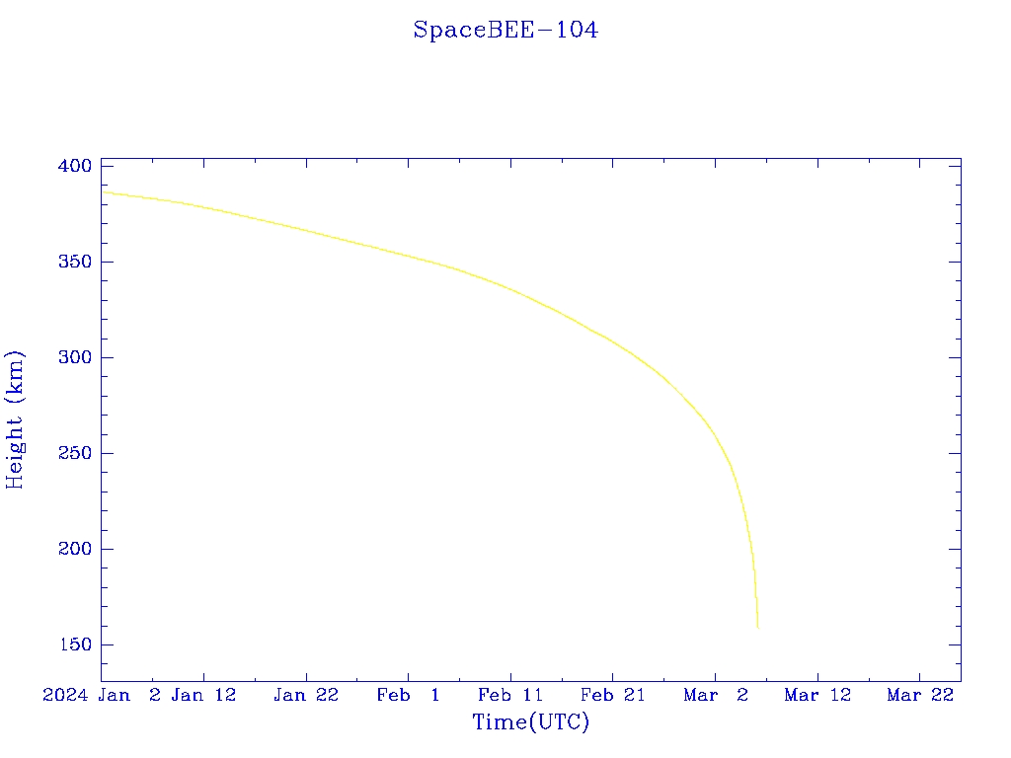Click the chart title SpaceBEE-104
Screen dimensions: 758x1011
point(505,31)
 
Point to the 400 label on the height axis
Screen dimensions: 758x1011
point(75,166)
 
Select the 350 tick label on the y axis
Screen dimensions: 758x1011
point(75,262)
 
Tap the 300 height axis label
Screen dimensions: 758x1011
point(75,357)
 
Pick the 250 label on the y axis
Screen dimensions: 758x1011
point(75,453)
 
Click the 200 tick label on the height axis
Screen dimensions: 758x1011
point(75,549)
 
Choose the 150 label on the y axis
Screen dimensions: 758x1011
point(75,644)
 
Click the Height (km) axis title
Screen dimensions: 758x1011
point(16,419)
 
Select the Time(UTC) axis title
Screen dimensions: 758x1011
point(531,722)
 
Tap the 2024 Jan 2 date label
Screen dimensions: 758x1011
point(102,695)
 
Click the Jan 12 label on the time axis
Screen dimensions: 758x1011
point(203,695)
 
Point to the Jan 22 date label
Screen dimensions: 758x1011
point(306,695)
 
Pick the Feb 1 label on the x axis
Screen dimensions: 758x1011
point(409,695)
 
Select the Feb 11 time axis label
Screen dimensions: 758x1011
point(510,695)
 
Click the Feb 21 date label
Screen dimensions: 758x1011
point(612,695)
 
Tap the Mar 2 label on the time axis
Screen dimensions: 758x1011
point(716,695)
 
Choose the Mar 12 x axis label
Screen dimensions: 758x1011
point(817,695)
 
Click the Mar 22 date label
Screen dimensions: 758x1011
point(920,695)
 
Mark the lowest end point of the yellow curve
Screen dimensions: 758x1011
point(757,628)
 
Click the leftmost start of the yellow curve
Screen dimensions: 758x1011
point(103,192)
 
